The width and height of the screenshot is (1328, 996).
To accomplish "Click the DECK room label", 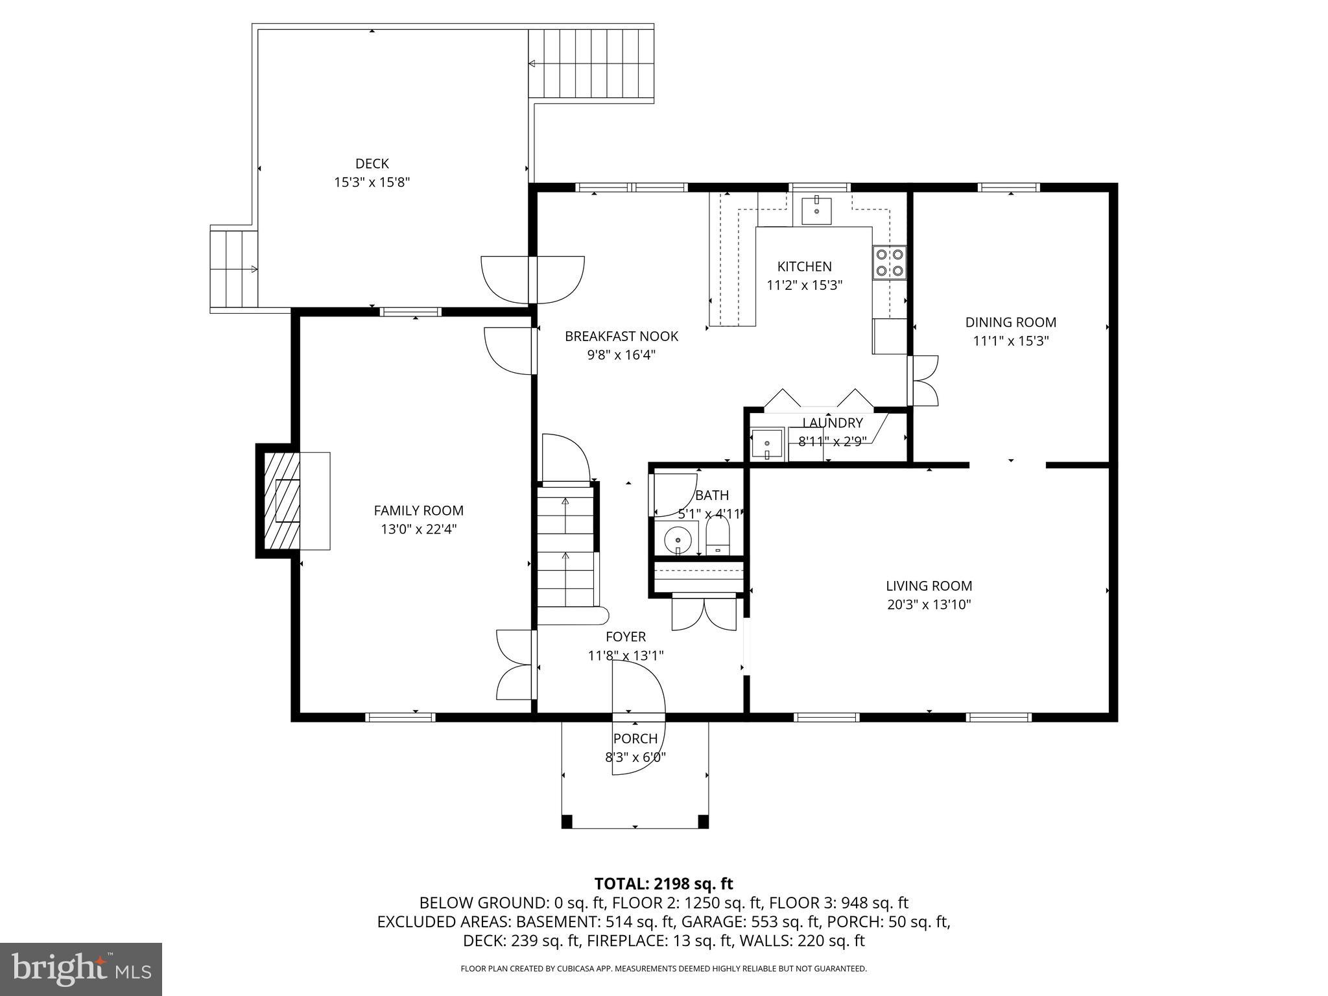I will (x=372, y=163).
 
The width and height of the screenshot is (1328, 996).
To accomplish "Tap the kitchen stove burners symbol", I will (x=889, y=263).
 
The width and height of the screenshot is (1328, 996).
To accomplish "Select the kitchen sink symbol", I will (x=816, y=210).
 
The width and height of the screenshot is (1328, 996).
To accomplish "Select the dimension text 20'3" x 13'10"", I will (x=929, y=605).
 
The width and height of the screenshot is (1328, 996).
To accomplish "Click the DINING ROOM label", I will (x=1010, y=322).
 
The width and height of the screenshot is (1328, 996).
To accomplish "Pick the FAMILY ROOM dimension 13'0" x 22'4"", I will (x=418, y=529).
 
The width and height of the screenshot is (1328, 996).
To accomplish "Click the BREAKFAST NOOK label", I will (x=621, y=336).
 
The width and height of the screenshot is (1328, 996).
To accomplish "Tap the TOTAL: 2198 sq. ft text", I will (x=663, y=883).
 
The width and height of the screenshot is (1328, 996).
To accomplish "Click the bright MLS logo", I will (x=81, y=969).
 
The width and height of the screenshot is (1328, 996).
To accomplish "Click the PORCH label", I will (x=635, y=739).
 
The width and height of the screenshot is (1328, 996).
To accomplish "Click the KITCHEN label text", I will (x=804, y=267).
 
